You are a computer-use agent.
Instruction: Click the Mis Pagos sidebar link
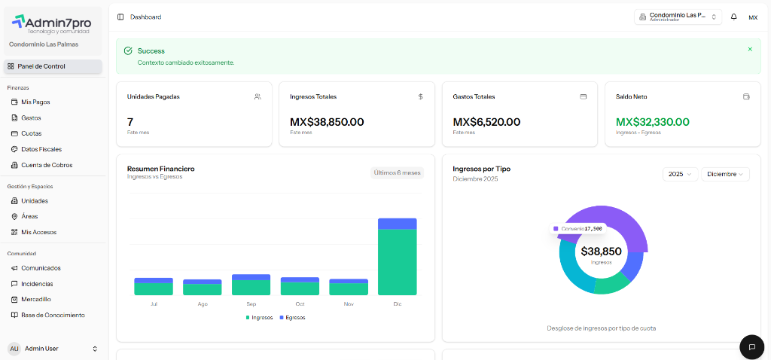[x=35, y=102]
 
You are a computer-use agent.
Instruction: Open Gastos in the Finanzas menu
[x=31, y=117]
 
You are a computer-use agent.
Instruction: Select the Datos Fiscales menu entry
[x=41, y=149]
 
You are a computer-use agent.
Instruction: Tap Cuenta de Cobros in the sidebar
[x=46, y=165]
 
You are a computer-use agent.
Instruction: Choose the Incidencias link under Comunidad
[x=36, y=284]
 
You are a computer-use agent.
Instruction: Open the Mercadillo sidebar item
[x=35, y=299]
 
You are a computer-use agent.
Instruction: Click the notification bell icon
[x=734, y=17]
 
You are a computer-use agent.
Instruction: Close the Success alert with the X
[x=750, y=49]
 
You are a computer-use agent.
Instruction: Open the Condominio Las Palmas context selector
[x=678, y=17]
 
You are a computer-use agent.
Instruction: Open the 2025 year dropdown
[x=680, y=174]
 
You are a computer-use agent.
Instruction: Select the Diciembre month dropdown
[x=725, y=174]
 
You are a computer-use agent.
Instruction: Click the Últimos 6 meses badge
[x=397, y=172]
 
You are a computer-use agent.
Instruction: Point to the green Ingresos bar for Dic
[x=397, y=262]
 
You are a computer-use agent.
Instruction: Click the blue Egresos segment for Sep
[x=251, y=277]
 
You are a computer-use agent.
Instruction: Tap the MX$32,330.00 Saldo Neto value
[x=652, y=122]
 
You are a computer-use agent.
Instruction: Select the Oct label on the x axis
[x=300, y=304]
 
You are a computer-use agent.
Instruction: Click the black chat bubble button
[x=751, y=346]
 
